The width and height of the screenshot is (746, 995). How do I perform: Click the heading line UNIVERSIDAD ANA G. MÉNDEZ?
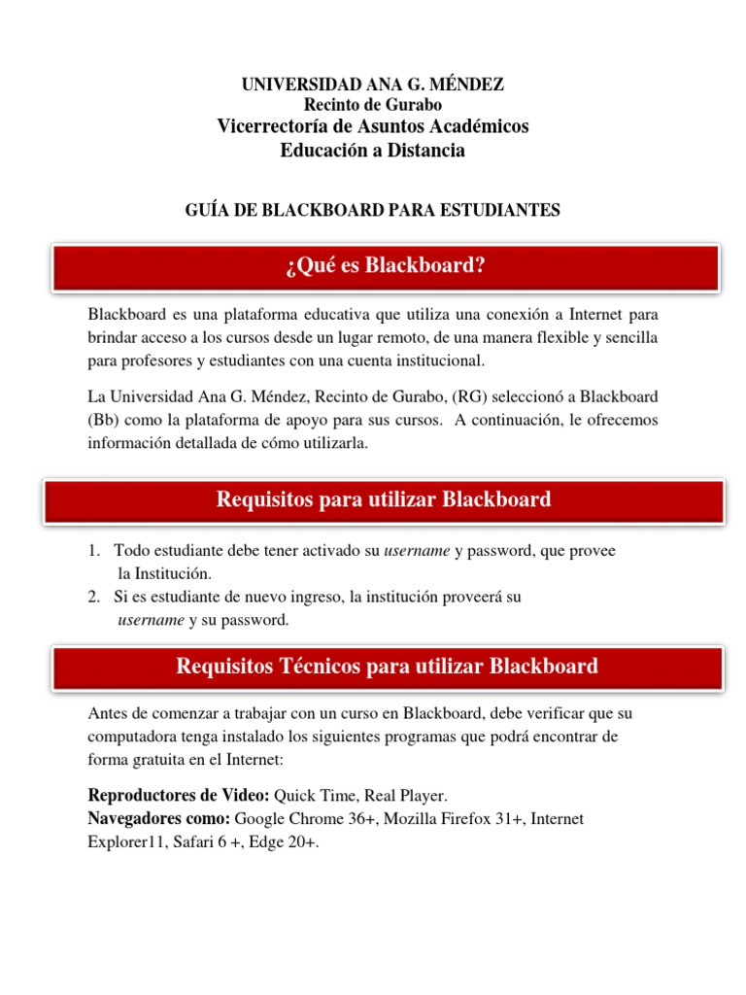[373, 85]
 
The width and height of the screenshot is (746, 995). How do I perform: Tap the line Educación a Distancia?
[373, 150]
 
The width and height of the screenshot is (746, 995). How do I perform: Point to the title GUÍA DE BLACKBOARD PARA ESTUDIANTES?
[373, 210]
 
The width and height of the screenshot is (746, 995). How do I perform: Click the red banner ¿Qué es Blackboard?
[386, 266]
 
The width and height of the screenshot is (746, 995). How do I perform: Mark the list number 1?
[93, 551]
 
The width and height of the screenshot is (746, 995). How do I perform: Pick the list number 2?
[93, 597]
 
